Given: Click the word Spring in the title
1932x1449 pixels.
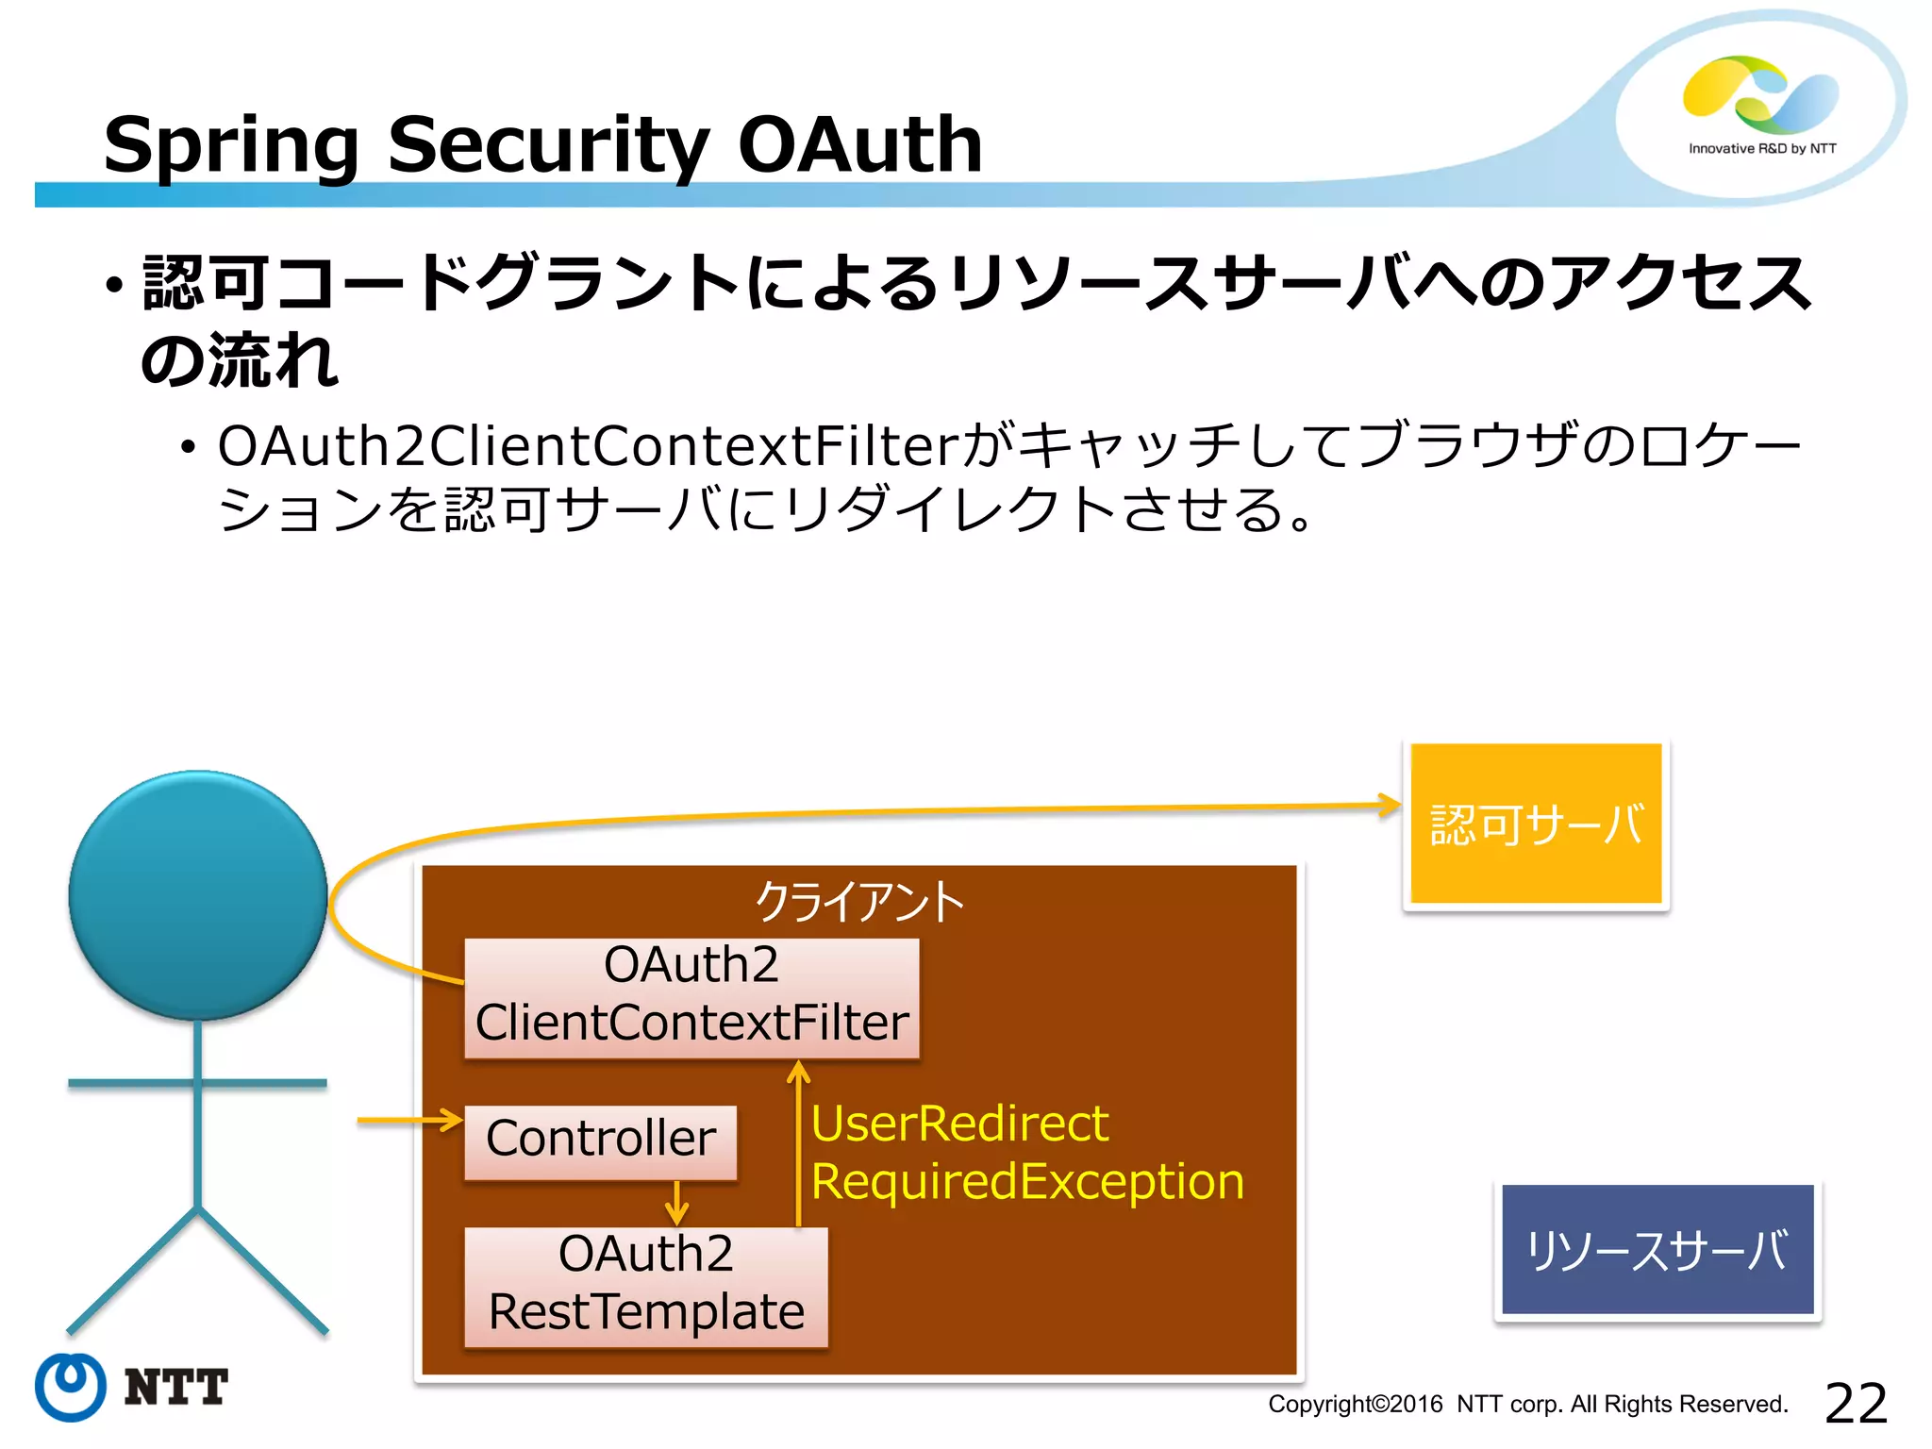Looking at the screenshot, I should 231,146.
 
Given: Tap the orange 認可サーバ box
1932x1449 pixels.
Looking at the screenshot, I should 1536,824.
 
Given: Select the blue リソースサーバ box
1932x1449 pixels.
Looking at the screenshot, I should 1657,1249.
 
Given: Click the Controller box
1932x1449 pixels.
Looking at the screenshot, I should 601,1140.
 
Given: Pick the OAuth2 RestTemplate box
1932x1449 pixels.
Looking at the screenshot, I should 646,1284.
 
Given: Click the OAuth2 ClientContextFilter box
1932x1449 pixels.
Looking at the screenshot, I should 691,996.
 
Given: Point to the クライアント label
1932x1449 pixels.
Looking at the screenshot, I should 859,901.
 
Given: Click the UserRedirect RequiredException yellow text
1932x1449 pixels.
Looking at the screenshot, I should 1026,1152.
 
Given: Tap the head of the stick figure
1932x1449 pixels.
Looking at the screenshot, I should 198,894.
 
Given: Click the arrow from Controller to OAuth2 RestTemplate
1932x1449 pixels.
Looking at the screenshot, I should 676,1203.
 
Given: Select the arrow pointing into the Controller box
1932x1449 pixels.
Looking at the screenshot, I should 411,1121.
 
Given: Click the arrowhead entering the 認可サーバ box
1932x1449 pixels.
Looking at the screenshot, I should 1389,805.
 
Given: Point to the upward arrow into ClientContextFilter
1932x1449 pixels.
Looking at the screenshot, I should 799,1141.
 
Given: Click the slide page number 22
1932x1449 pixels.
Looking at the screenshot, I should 1856,1403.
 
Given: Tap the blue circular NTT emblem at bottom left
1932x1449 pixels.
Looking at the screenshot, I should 71,1386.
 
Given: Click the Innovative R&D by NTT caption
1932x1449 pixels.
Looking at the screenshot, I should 1761,149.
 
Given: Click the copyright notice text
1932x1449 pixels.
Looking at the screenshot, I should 1527,1405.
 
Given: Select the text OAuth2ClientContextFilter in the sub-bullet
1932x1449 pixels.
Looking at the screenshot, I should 588,445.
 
